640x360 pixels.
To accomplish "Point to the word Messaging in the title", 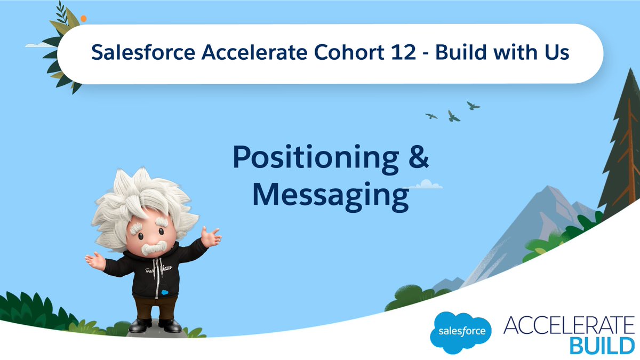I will point(330,195).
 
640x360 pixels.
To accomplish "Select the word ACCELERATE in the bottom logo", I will point(569,325).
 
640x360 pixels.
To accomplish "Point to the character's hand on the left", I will point(95,260).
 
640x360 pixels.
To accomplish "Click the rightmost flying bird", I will point(473,106).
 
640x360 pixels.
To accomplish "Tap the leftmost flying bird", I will point(431,115).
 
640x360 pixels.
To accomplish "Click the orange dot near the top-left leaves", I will point(83,19).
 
